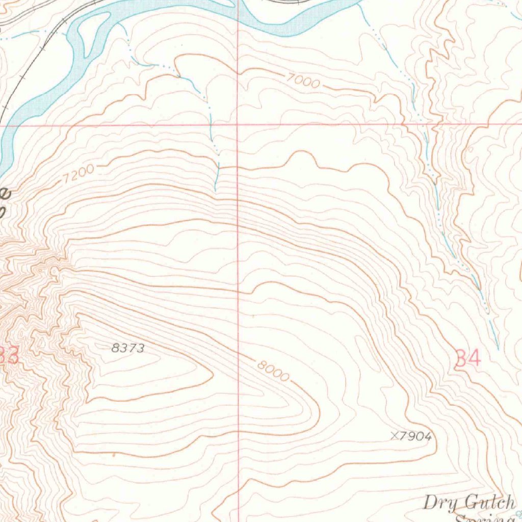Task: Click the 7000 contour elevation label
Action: (303, 81)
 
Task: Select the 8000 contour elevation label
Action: (273, 371)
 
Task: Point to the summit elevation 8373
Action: (128, 348)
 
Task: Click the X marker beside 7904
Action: (394, 436)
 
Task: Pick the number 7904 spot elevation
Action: (415, 436)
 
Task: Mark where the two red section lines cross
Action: (238, 124)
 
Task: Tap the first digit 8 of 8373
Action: (115, 348)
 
